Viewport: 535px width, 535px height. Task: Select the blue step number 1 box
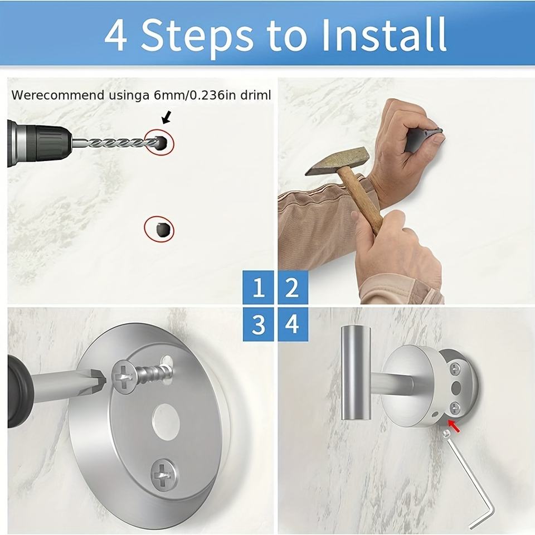[x=258, y=288]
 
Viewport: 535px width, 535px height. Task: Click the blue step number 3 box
[x=258, y=324]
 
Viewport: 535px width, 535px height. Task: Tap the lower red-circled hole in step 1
[x=159, y=228]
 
